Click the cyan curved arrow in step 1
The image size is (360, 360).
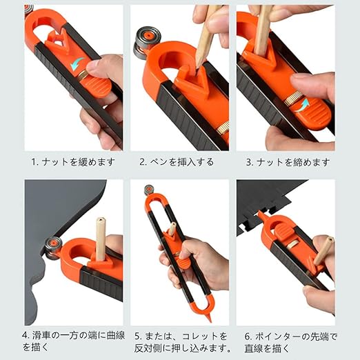tap(77, 63)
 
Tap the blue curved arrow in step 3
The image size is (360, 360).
tap(301, 105)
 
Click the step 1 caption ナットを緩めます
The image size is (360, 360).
tap(79, 162)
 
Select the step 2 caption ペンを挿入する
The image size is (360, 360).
tap(182, 162)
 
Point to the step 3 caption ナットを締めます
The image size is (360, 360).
tap(293, 162)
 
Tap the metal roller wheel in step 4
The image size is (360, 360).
tap(53, 248)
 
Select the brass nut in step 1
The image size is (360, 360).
tap(82, 75)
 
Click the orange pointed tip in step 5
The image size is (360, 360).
tap(209, 319)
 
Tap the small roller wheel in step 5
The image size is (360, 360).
tap(149, 190)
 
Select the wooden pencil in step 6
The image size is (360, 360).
tap(323, 251)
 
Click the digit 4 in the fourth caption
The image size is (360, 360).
tap(26, 334)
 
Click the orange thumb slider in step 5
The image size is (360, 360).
tap(184, 263)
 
